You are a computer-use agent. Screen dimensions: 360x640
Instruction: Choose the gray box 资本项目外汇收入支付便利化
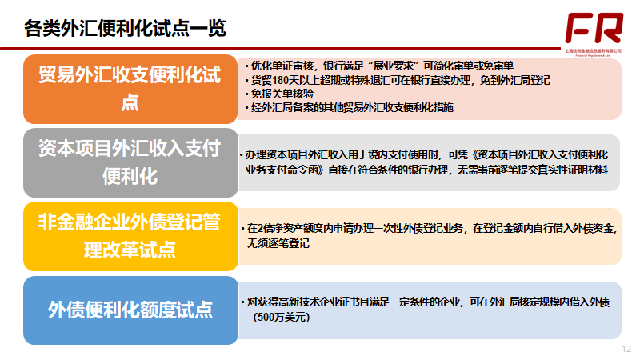(x=130, y=162)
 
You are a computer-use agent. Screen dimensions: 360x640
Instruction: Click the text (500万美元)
(x=281, y=317)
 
